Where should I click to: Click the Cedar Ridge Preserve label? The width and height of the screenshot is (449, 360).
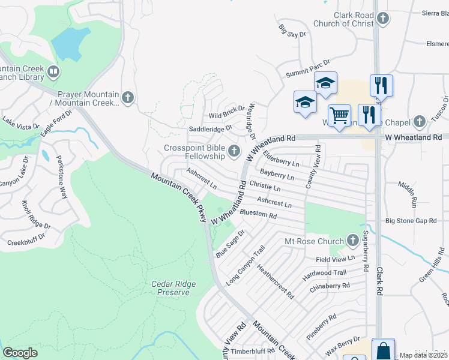click(170, 288)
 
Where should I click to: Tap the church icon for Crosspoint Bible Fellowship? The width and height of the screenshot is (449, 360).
click(235, 151)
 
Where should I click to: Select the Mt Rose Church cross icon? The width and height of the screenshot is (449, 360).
click(351, 241)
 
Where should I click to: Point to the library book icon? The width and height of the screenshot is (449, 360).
click(53, 73)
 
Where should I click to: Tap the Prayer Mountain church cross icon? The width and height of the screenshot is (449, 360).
click(127, 97)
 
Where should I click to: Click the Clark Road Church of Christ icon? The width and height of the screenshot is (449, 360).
click(382, 19)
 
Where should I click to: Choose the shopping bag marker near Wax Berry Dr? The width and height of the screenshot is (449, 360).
click(383, 349)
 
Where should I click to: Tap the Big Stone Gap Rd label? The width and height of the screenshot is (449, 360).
click(411, 221)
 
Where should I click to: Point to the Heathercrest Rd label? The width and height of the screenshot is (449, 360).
click(275, 282)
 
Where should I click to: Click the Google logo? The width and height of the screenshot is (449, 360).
click(20, 353)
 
